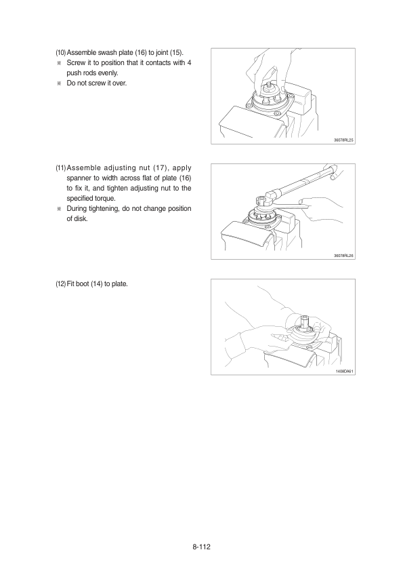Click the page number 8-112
[202, 547]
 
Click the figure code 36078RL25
[343, 140]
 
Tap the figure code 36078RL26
[343, 256]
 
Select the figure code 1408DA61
[345, 371]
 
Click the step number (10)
[61, 52]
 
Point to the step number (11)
[61, 168]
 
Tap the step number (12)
[61, 283]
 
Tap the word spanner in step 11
[77, 178]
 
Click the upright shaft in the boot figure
[304, 320]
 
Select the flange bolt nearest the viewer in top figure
[278, 115]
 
